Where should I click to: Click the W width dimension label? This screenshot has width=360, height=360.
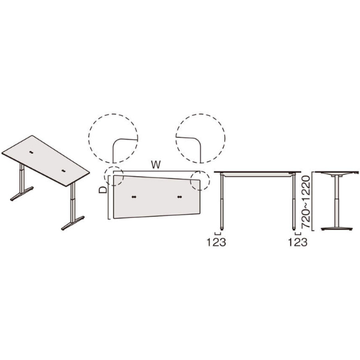[x=156, y=165]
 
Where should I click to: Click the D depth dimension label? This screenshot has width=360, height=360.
[x=103, y=190]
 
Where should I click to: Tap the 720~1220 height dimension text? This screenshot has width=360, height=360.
[x=306, y=202]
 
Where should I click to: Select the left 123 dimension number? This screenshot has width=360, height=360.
[x=217, y=242]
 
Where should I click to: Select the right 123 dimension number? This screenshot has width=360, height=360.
[x=298, y=242]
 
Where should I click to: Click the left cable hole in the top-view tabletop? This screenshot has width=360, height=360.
[x=134, y=197]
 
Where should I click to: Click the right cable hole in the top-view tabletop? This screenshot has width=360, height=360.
[x=180, y=197]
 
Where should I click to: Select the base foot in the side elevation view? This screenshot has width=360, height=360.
[x=337, y=229]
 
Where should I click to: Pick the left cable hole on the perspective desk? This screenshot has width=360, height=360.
[x=31, y=152]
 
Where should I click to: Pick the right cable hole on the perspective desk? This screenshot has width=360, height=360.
[x=64, y=171]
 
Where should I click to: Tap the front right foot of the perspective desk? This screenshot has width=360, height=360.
[x=73, y=223]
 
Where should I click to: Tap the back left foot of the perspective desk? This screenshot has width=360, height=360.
[x=22, y=194]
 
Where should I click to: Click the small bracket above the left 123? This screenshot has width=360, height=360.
[x=217, y=234]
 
